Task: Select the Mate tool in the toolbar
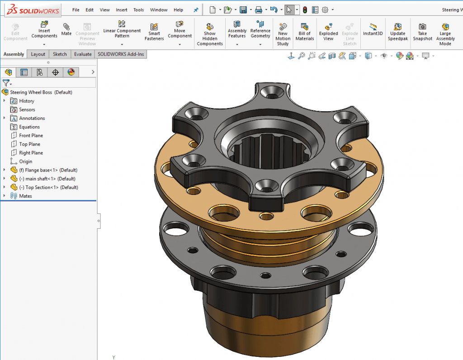66,29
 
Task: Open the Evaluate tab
83,54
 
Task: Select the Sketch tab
60,54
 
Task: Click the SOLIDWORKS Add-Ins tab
121,54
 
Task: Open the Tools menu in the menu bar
138,10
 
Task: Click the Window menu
159,10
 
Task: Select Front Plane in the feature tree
31,136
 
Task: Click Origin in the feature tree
25,161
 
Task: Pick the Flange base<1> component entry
48,170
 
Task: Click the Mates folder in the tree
25,196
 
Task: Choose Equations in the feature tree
29,127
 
